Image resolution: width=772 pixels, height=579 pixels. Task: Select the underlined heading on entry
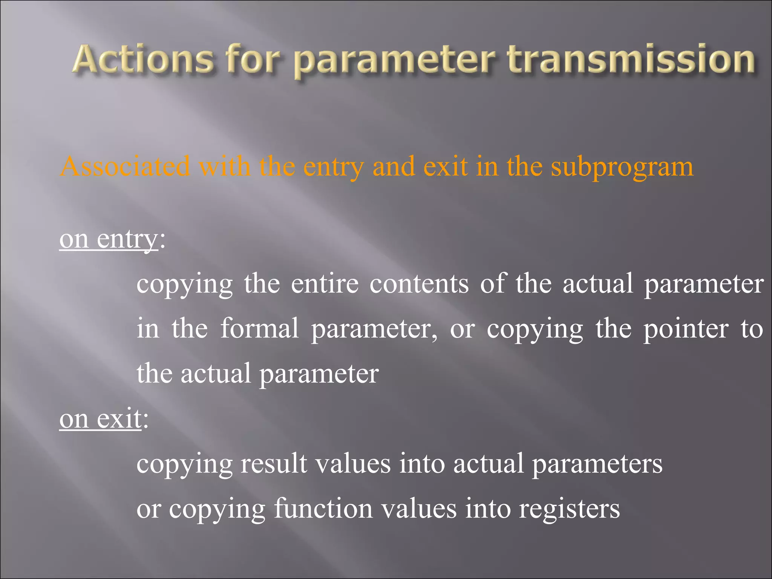point(109,239)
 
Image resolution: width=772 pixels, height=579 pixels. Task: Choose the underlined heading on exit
point(100,419)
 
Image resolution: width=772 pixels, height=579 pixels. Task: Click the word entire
point(325,283)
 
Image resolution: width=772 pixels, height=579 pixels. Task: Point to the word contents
point(419,283)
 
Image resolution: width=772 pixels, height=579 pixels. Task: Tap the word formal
point(259,328)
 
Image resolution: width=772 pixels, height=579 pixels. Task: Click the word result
point(274,463)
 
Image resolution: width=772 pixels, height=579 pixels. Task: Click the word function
point(323,509)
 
